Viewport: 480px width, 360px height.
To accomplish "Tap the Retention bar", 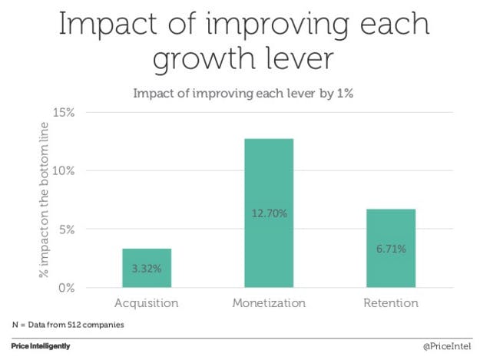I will pyautogui.click(x=391, y=248).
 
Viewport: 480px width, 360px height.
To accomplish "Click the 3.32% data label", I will pyautogui.click(x=146, y=269).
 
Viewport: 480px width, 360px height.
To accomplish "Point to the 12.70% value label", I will pyautogui.click(x=269, y=213).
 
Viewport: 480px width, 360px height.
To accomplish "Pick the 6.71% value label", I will pyautogui.click(x=391, y=249).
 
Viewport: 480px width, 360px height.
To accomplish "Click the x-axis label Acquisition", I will pyautogui.click(x=146, y=303).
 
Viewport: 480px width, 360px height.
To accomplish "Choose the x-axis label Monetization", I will pyautogui.click(x=269, y=303).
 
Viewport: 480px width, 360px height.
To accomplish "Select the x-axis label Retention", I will pyautogui.click(x=391, y=303).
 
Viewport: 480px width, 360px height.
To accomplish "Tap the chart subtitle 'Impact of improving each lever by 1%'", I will pyautogui.click(x=240, y=94).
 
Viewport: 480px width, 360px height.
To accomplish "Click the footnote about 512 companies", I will pyautogui.click(x=68, y=324).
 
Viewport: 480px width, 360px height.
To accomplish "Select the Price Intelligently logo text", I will pyautogui.click(x=41, y=346).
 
